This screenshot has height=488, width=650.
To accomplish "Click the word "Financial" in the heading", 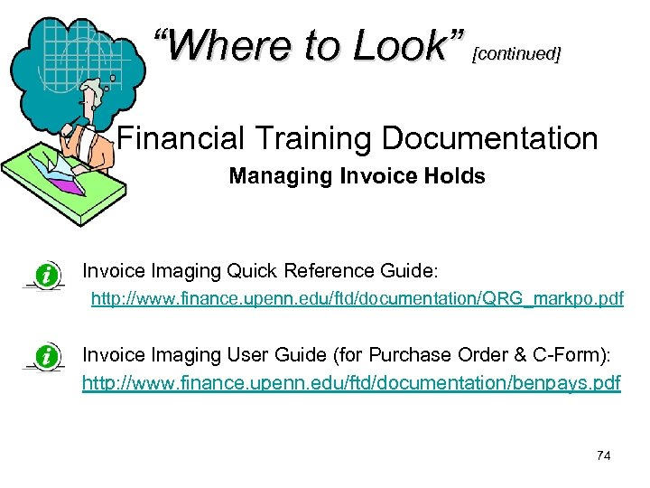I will point(181,138).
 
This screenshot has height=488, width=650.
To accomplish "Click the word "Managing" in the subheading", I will point(281,176).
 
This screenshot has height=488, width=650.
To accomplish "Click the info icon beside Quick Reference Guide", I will point(45,273).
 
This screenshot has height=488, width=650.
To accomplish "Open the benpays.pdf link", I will point(351,383).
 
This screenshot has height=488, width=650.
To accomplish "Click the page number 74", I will point(604,455).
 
